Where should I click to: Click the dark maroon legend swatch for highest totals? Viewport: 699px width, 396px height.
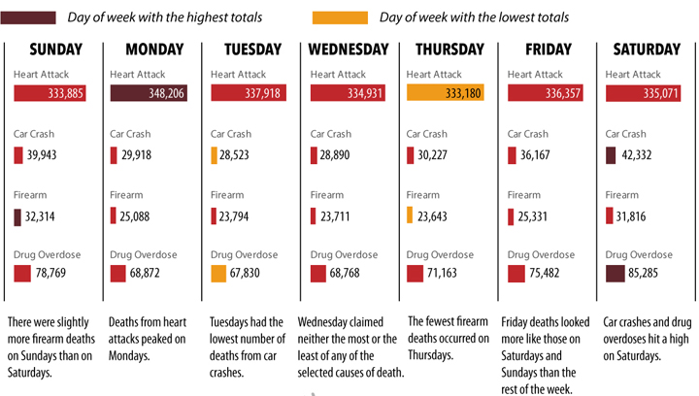point(32,17)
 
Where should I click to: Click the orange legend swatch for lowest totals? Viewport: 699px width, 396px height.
point(340,17)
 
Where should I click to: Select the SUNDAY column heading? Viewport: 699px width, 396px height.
point(55,50)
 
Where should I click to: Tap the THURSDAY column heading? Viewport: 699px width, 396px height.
point(449,50)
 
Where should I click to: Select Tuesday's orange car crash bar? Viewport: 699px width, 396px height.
point(215,155)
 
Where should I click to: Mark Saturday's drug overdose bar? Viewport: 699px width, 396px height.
point(614,274)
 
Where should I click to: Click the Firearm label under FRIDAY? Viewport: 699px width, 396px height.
point(522,195)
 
